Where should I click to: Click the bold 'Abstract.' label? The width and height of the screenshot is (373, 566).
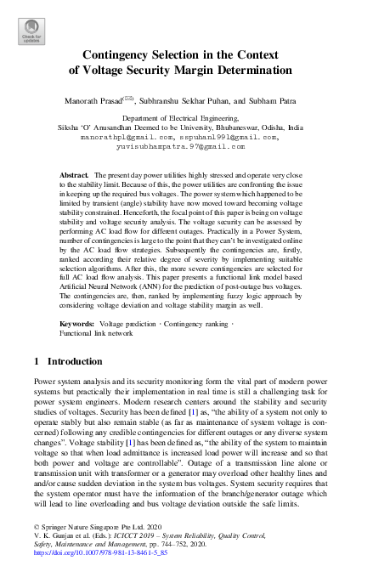click(x=74, y=174)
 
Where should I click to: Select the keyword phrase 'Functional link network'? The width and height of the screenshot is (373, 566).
click(x=96, y=334)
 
